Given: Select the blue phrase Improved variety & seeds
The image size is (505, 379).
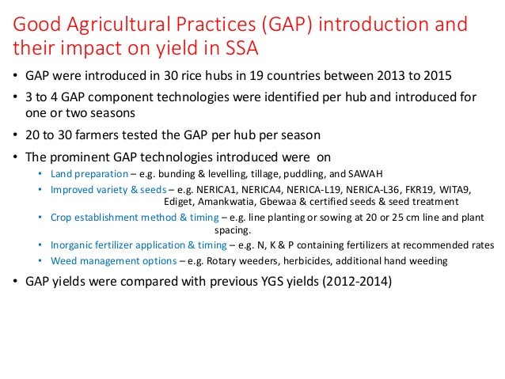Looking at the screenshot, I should pos(99,188).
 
